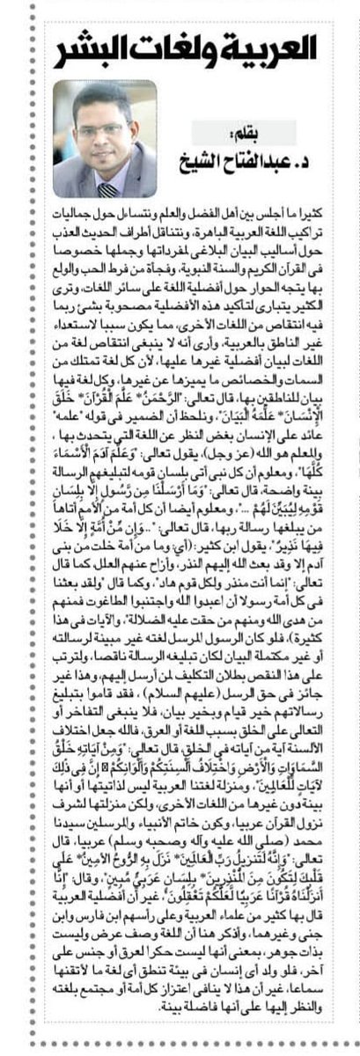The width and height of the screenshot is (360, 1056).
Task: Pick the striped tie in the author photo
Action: point(108,188)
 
